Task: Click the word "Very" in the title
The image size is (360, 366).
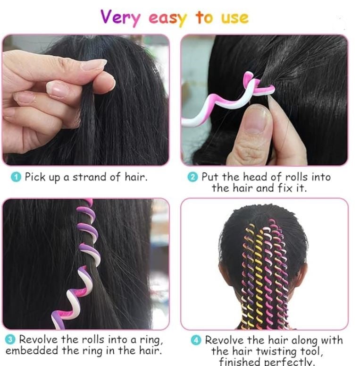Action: tap(120, 18)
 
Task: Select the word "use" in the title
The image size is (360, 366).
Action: tap(235, 19)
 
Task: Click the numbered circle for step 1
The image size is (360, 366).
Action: tap(16, 177)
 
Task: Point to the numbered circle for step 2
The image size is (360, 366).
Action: tap(193, 177)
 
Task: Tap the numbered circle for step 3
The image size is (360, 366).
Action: tap(10, 340)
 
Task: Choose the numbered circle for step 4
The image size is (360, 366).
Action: tap(196, 340)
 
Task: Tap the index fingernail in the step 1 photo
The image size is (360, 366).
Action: tap(93, 64)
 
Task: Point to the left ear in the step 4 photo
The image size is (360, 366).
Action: tap(224, 273)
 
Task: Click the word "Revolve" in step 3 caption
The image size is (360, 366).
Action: tap(38, 340)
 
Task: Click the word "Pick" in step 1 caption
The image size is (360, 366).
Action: tap(35, 177)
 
